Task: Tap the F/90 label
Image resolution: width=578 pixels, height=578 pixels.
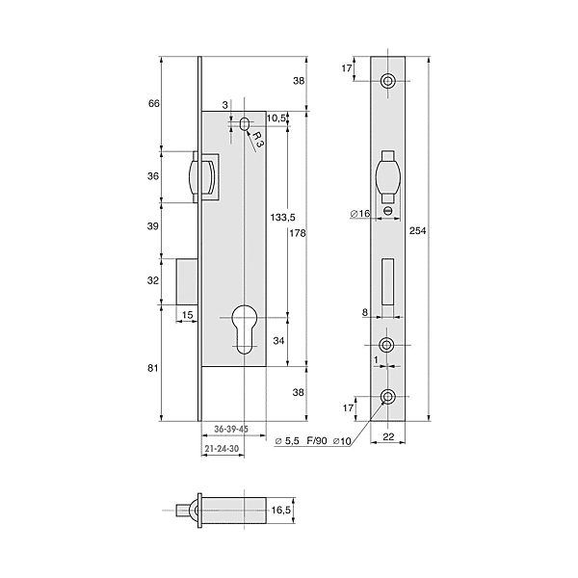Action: click(318, 442)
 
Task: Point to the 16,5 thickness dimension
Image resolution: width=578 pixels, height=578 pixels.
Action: click(280, 511)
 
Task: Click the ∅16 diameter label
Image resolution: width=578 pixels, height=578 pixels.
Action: click(360, 214)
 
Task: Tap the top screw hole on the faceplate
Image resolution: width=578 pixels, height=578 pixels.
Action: click(388, 82)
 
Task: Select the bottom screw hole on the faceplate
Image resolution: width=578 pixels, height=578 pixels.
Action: click(388, 397)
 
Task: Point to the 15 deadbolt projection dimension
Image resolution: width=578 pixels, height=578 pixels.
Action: click(188, 315)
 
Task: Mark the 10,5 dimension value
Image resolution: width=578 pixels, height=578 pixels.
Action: click(277, 118)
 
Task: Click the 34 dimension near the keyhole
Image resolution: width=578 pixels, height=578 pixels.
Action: click(278, 341)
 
